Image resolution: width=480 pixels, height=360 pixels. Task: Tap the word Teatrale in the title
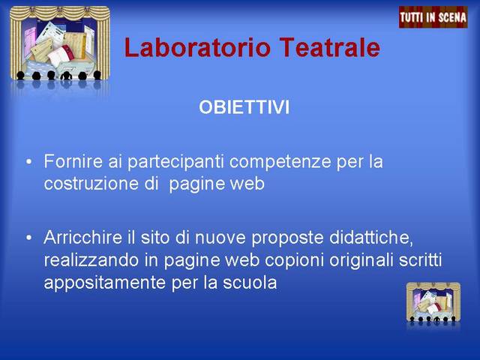point(330,47)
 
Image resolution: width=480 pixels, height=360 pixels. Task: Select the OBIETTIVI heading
point(244,107)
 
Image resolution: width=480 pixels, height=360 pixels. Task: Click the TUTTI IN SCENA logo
point(433,17)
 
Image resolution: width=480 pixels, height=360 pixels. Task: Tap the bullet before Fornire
point(28,161)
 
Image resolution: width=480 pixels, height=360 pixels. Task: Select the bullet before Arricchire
point(28,238)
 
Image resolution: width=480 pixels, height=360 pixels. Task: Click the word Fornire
point(73,161)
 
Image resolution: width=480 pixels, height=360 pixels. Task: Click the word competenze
point(280,163)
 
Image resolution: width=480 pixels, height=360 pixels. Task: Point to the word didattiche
point(371,238)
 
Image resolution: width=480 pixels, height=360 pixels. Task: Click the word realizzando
point(91,261)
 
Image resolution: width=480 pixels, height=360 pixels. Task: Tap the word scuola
point(250,283)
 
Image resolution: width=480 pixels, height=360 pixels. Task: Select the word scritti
point(420,260)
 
